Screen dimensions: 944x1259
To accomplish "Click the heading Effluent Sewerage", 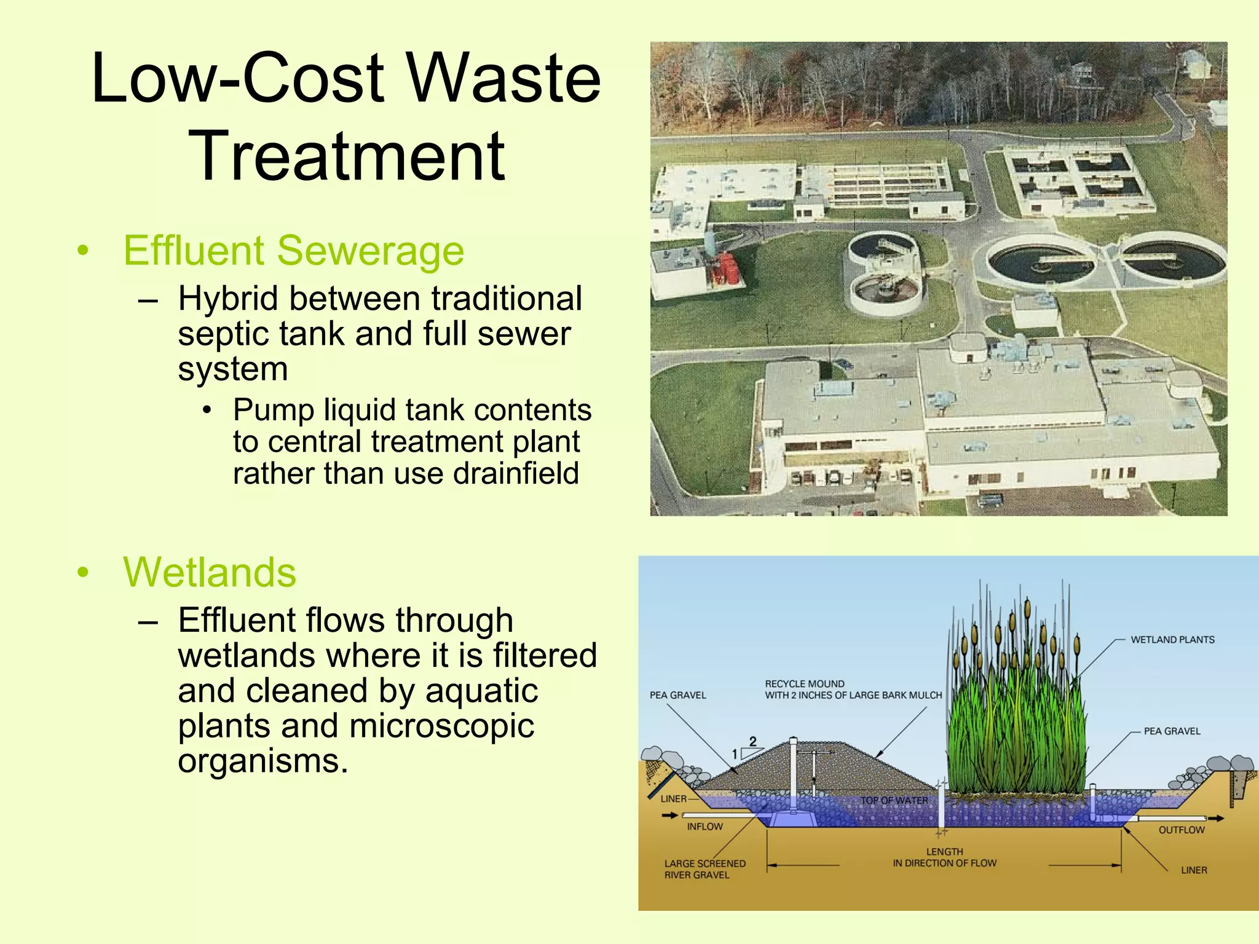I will point(293,251).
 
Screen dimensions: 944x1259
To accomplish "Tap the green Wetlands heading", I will point(210,572).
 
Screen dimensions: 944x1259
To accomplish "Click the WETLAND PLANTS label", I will point(1172,640).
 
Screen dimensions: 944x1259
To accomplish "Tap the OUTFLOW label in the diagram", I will point(1181,830).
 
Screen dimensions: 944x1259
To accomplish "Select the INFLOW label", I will point(704,827).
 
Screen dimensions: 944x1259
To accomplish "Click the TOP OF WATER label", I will point(894,801).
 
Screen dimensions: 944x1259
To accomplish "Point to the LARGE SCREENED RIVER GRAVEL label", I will point(704,869).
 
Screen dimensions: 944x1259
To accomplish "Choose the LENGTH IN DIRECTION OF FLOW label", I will point(944,857).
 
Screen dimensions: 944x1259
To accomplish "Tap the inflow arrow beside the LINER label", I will point(670,816).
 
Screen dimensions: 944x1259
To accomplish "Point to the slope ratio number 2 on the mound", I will point(752,742).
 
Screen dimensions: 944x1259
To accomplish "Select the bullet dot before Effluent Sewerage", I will point(83,251).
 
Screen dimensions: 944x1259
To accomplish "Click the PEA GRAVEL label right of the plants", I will point(1172,731).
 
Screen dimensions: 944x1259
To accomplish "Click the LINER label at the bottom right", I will point(1193,870).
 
